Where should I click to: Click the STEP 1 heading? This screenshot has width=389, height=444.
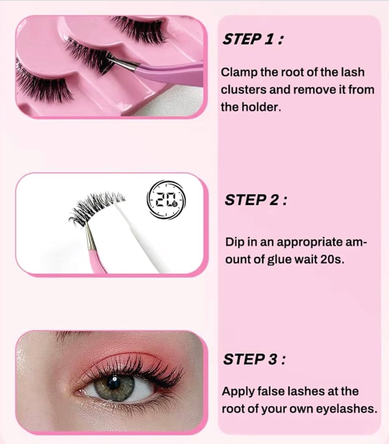[253, 39]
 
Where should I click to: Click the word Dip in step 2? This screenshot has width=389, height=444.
[233, 242]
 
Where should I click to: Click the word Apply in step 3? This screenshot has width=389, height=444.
[238, 392]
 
